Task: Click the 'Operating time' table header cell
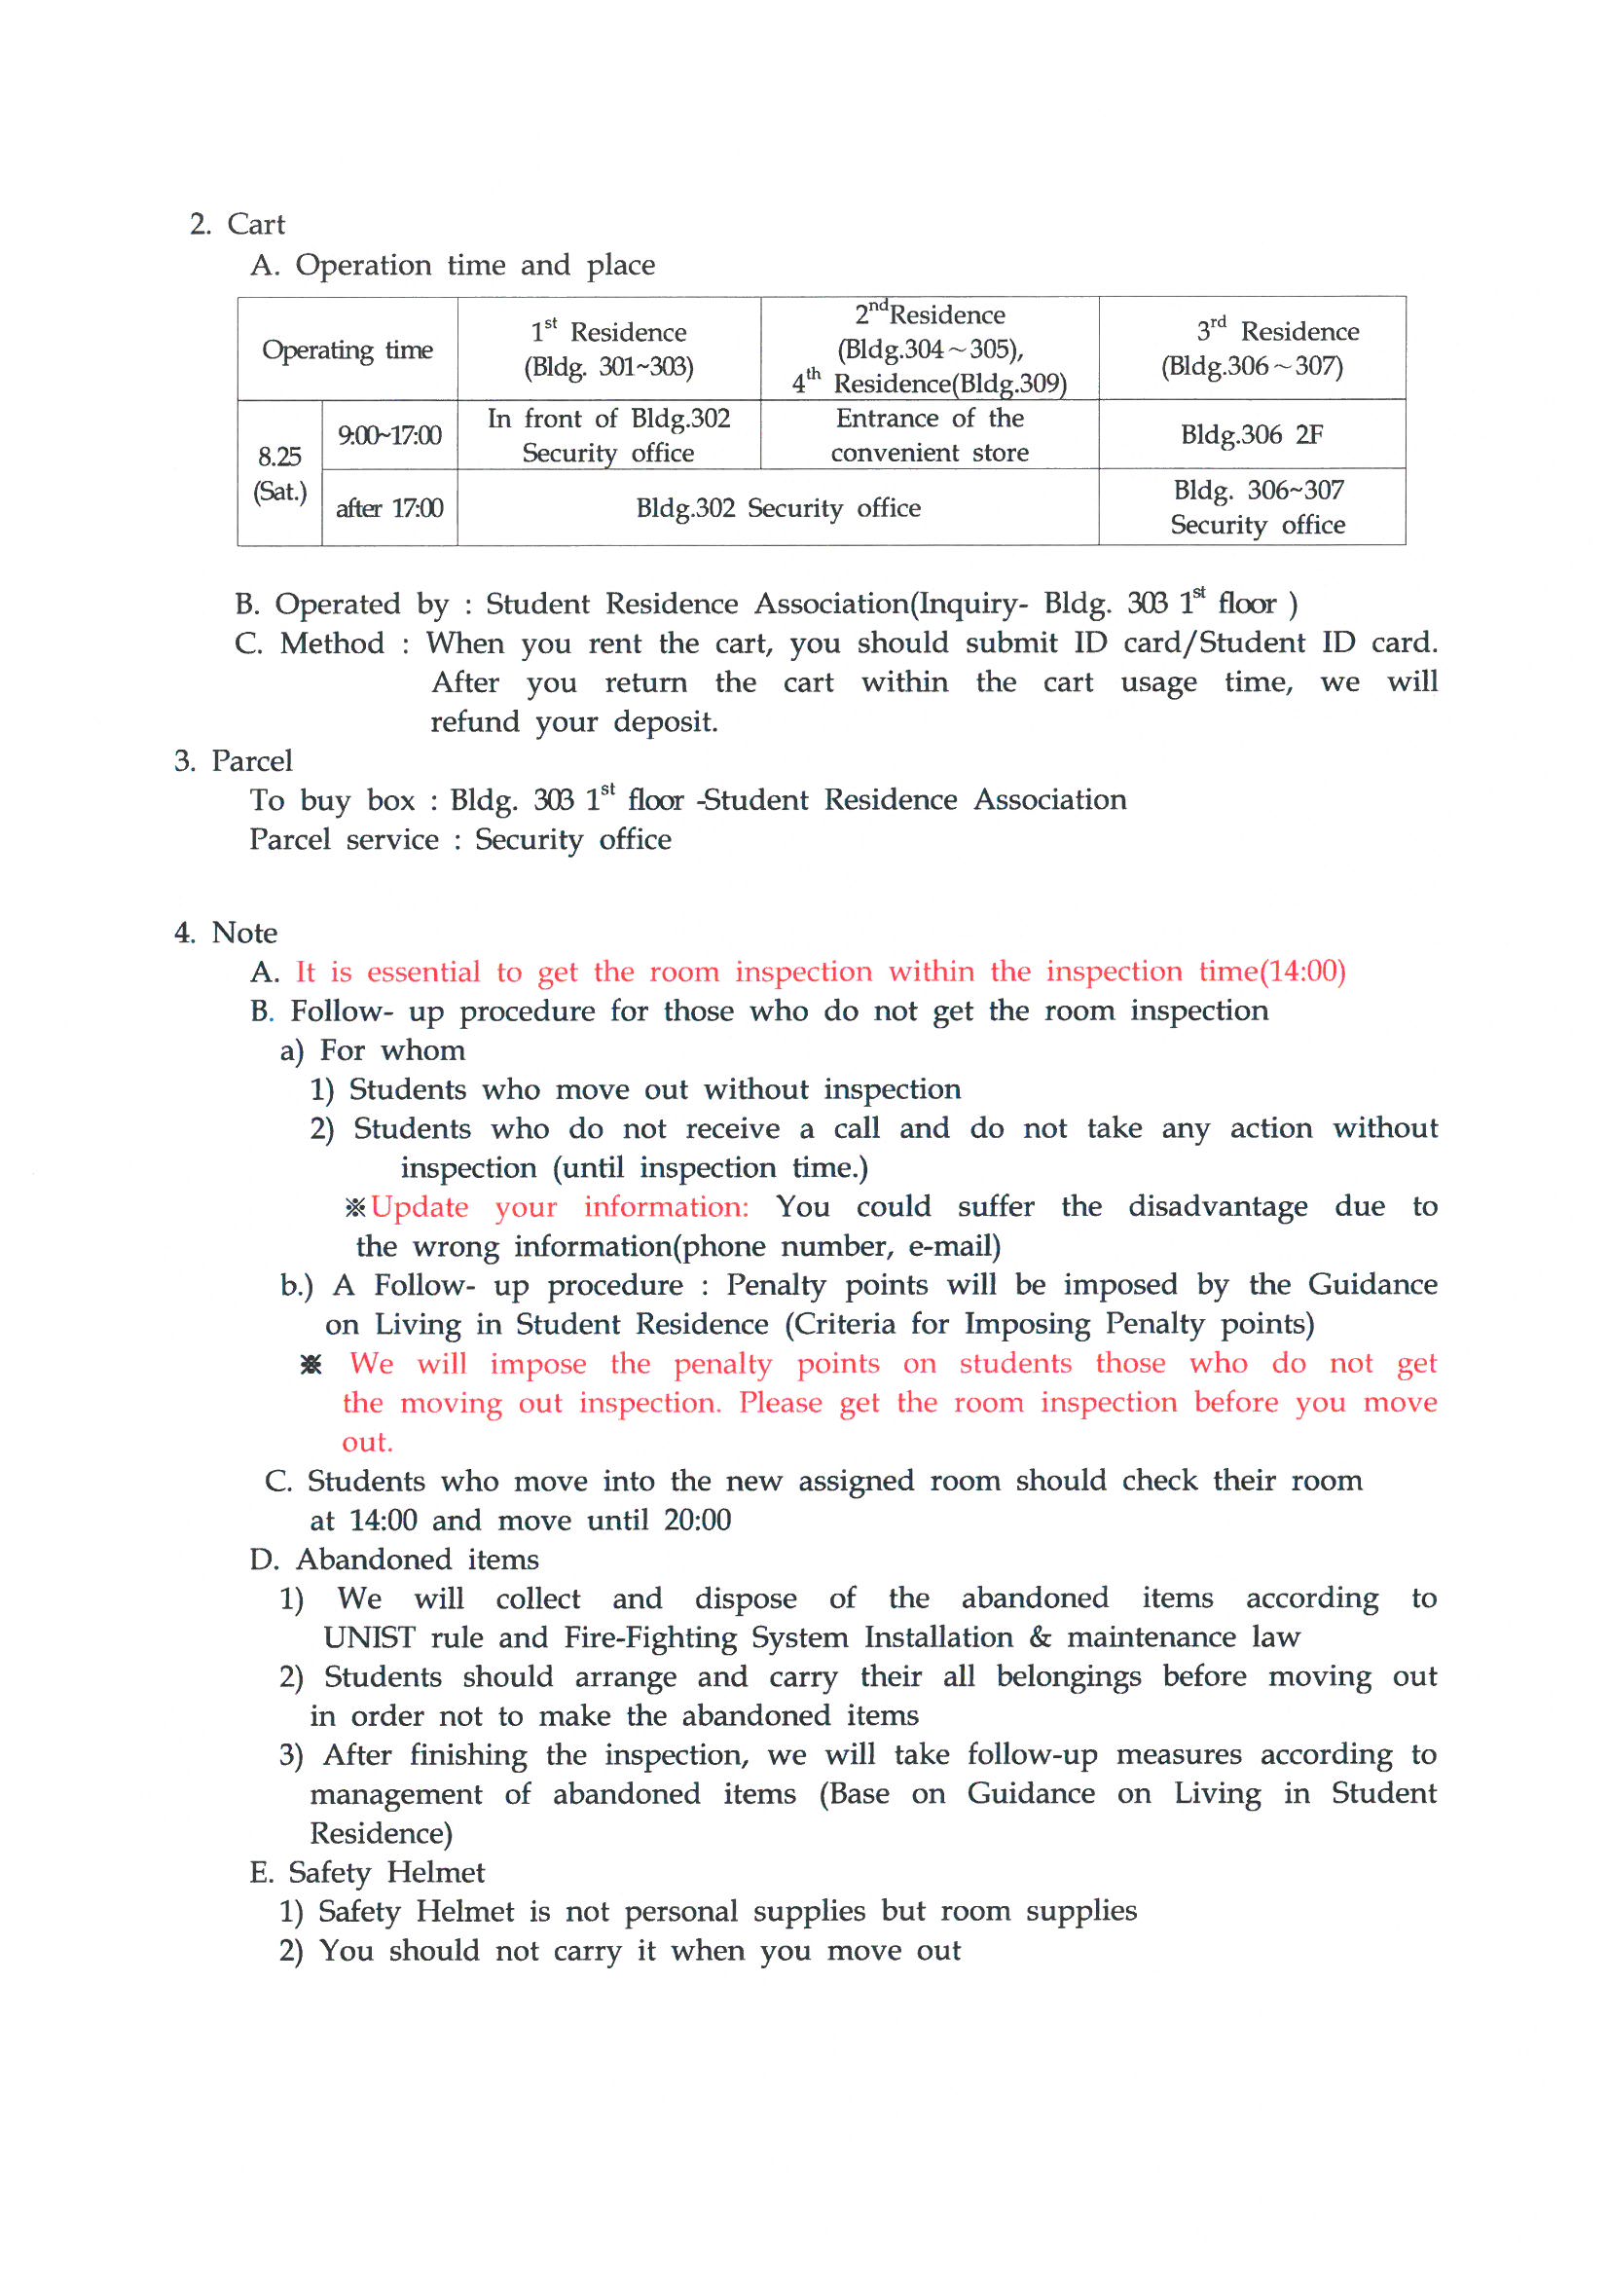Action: [347, 349]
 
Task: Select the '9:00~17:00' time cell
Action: [388, 435]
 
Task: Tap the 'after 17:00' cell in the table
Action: [388, 508]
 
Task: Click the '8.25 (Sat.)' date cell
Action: [279, 474]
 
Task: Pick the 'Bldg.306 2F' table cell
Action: [1251, 434]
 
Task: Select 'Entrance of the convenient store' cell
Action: [929, 435]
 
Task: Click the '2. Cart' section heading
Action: [237, 224]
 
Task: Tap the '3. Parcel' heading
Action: [233, 761]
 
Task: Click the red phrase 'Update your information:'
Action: [560, 1207]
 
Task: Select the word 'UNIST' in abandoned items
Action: [369, 1637]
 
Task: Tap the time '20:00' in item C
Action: [697, 1521]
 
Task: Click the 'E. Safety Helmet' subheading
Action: [367, 1873]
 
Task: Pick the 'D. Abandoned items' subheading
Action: [393, 1560]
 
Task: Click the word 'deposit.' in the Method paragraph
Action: [665, 721]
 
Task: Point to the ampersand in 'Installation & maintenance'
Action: [1040, 1637]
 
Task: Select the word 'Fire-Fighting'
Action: [650, 1637]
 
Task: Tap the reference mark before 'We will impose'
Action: [311, 1365]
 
